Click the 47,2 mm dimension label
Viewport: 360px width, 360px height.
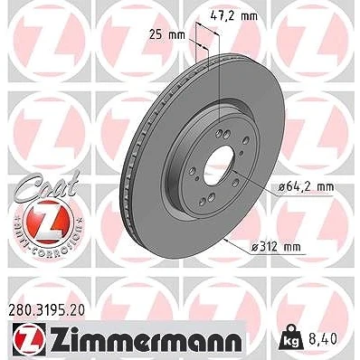click(234, 15)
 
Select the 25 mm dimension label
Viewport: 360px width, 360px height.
click(167, 35)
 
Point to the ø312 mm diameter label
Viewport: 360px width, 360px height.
click(276, 247)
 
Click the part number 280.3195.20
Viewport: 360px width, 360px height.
click(45, 310)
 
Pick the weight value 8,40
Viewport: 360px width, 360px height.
click(323, 340)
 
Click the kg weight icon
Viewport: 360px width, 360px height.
click(290, 337)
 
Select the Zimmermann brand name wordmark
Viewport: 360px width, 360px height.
click(146, 337)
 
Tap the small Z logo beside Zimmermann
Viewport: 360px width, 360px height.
click(29, 337)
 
